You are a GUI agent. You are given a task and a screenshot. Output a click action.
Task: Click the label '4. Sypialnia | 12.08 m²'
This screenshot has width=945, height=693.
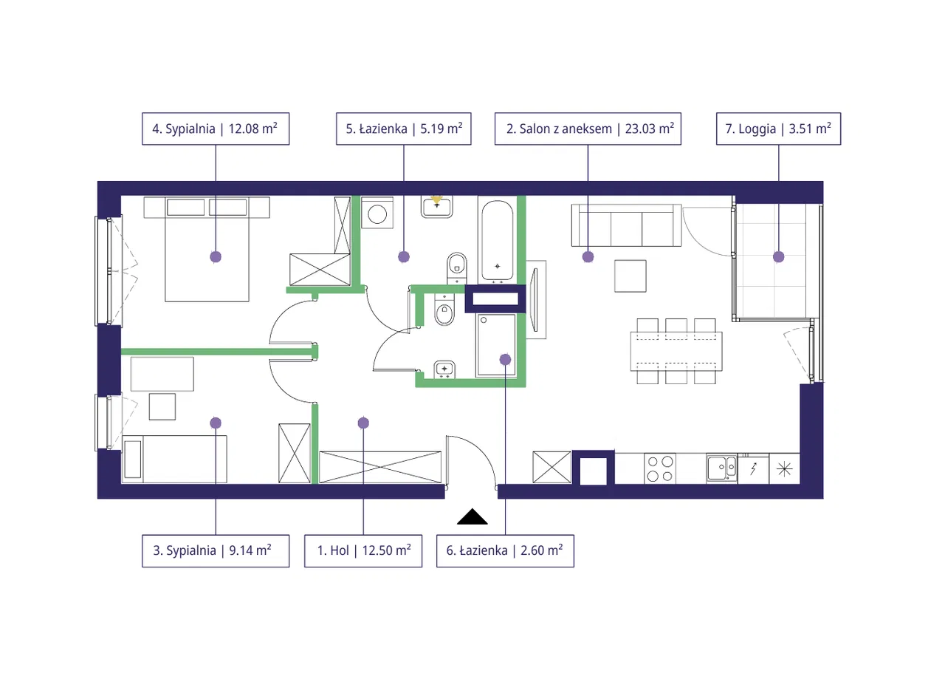pyautogui.click(x=215, y=129)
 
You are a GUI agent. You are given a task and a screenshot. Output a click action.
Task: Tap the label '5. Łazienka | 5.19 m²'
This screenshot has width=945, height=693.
pyautogui.click(x=403, y=129)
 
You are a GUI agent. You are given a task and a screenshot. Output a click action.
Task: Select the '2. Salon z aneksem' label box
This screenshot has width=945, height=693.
pyautogui.click(x=588, y=129)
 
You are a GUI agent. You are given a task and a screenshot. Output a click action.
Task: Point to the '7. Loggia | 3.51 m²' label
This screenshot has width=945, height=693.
pyautogui.click(x=778, y=129)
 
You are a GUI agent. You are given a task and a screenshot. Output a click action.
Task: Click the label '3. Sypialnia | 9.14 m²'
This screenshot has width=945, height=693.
pyautogui.click(x=215, y=550)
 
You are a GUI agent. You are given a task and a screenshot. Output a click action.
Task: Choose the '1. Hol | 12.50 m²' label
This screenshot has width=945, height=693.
pyautogui.click(x=363, y=550)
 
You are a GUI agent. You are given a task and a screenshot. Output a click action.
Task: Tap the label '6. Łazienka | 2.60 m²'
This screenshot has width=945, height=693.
pyautogui.click(x=505, y=550)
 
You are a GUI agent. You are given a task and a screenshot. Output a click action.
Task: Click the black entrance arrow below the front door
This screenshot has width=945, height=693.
pyautogui.click(x=472, y=517)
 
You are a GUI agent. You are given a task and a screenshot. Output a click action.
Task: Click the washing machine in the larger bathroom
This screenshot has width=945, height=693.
pyautogui.click(x=377, y=214)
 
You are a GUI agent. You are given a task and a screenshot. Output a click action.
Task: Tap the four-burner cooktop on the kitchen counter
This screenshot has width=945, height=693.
pyautogui.click(x=660, y=468)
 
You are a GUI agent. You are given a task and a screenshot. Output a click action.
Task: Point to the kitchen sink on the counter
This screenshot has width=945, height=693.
pyautogui.click(x=721, y=468)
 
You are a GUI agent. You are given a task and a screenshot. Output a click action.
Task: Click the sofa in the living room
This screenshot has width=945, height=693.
pyautogui.click(x=625, y=225)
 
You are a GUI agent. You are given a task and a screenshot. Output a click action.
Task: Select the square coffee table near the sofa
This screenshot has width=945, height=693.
pyautogui.click(x=632, y=276)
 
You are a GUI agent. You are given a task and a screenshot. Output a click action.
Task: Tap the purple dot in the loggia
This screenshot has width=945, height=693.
pyautogui.click(x=778, y=256)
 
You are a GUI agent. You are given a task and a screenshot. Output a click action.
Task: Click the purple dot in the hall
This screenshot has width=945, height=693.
pyautogui.click(x=363, y=423)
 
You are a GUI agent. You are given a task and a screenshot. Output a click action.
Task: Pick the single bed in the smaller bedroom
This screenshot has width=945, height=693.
pyautogui.click(x=174, y=459)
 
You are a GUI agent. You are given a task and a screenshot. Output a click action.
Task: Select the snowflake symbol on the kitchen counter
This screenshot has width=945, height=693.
pyautogui.click(x=784, y=468)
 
